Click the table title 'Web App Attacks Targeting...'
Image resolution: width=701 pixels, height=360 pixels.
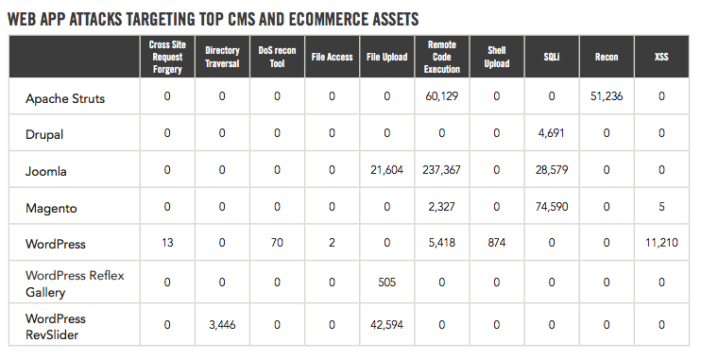[213, 19]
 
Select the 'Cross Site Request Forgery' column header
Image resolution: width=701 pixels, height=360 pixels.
[167, 57]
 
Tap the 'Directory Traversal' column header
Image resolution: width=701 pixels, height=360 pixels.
[222, 57]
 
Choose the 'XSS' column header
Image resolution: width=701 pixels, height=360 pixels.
[661, 57]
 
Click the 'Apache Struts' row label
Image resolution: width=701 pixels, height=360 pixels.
[64, 97]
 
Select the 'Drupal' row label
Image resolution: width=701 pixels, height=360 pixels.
[44, 134]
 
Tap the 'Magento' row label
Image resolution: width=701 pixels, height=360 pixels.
[51, 207]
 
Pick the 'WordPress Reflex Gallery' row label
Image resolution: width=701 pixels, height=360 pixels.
[74, 281]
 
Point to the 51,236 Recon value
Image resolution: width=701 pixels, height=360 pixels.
[606, 96]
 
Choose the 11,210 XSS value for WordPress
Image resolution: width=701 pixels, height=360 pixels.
[660, 243]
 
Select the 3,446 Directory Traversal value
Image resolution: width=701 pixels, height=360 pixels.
[222, 324]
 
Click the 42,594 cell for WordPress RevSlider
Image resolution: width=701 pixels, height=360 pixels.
[386, 324]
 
